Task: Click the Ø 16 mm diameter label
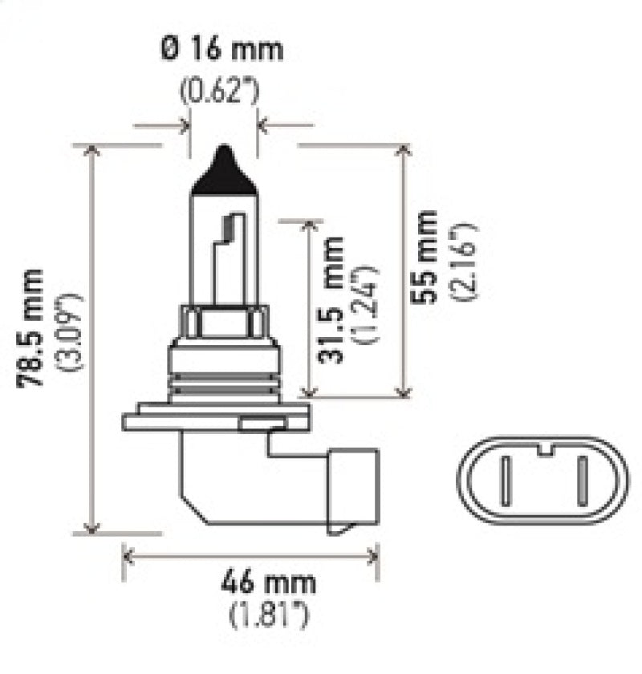click(x=222, y=50)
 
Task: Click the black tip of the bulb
click(x=224, y=169)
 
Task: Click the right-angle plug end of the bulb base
click(x=351, y=490)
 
